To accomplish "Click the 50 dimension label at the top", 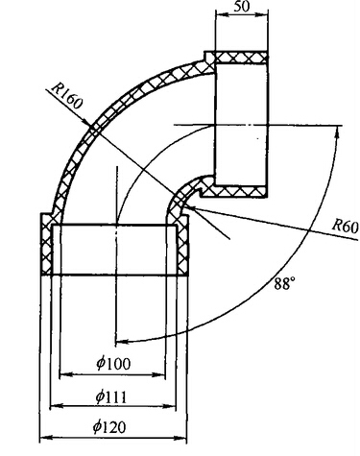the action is coord(242,7).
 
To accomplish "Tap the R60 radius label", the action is coord(345,228).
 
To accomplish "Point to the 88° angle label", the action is coord(284,283).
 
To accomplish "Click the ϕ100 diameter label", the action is coord(113,364).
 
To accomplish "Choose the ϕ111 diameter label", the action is coord(111,397).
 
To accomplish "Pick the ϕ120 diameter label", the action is coord(109,427).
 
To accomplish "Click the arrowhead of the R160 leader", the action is coord(88,123).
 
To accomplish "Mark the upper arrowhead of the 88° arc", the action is coord(337,132).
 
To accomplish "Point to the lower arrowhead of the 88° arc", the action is coord(122,341).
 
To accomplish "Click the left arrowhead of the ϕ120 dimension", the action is coord(46,438).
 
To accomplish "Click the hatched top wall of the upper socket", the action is coord(241,58).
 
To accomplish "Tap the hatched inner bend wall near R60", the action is coord(180,200).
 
